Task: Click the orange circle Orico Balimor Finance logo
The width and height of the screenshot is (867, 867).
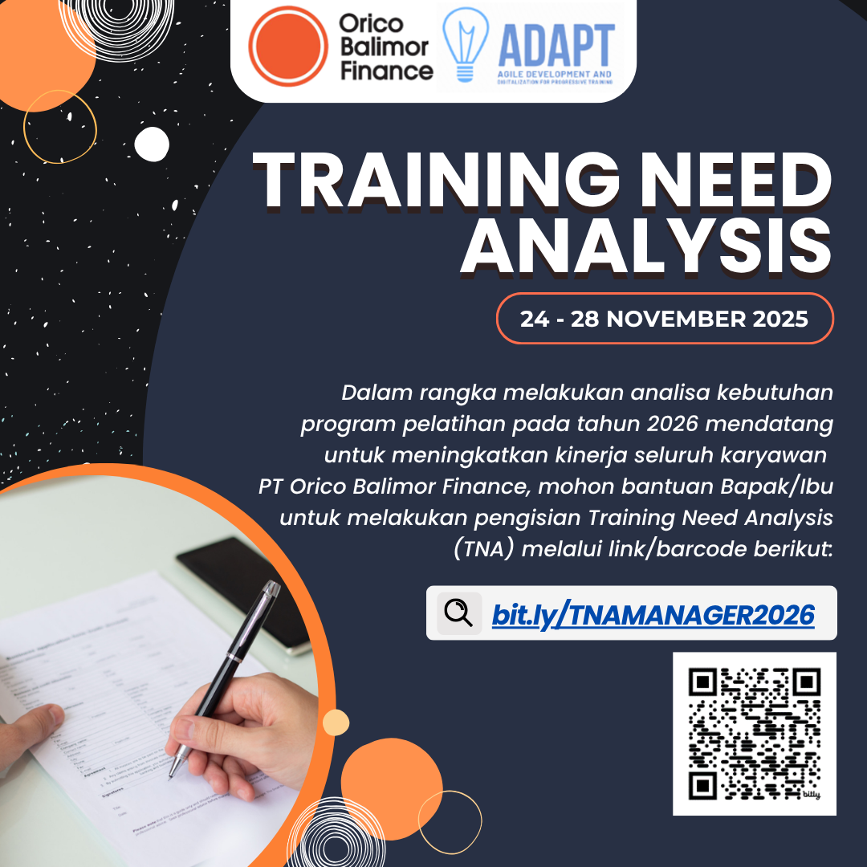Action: [287, 46]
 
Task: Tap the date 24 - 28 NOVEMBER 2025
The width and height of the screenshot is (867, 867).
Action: [665, 319]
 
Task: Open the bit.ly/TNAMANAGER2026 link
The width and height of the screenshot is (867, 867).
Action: [653, 615]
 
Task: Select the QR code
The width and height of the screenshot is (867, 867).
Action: [754, 732]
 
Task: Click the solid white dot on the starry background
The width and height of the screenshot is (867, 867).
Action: [152, 144]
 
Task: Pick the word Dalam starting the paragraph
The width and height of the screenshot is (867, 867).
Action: [374, 393]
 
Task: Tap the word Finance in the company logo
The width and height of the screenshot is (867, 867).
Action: [385, 71]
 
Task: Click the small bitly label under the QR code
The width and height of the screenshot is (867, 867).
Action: [812, 796]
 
